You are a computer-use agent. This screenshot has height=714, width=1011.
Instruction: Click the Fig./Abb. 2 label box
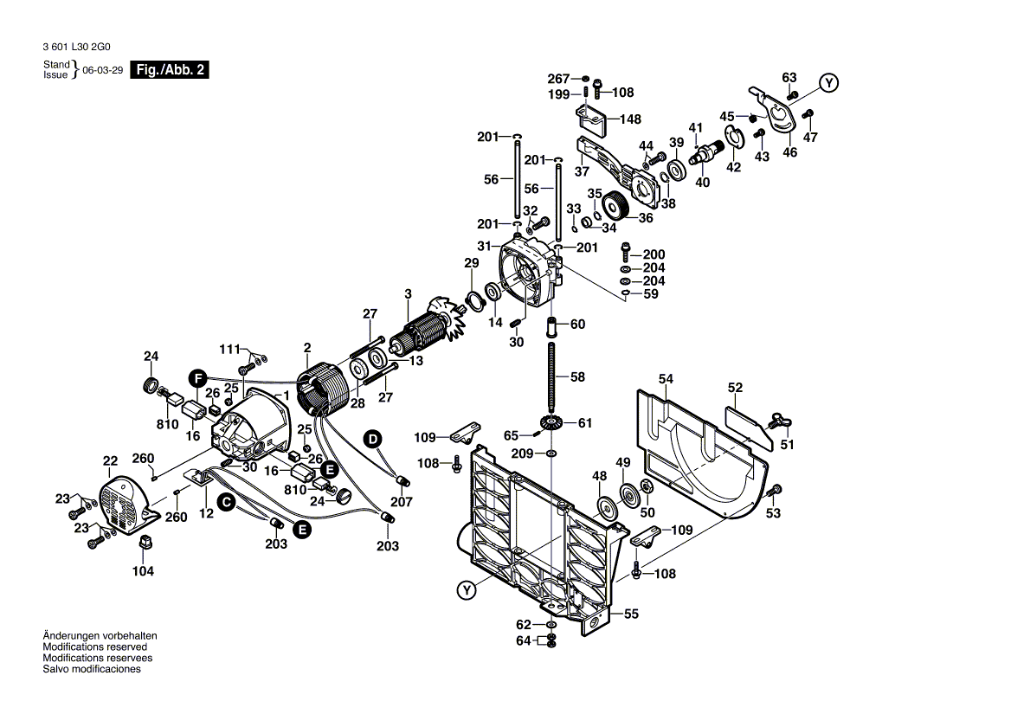click(170, 70)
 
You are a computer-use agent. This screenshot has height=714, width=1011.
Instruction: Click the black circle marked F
click(198, 378)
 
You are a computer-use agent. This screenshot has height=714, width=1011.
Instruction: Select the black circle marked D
click(372, 439)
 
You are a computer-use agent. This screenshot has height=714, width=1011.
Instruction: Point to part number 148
click(628, 119)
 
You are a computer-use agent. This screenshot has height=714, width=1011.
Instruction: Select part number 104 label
click(143, 571)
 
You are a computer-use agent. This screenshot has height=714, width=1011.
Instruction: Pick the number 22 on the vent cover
click(110, 460)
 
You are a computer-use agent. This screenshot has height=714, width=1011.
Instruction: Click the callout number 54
click(665, 379)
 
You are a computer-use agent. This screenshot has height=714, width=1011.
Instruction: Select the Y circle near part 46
click(829, 83)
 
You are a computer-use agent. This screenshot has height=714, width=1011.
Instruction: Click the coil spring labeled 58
click(551, 376)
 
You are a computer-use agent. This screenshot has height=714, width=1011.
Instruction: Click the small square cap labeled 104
click(145, 543)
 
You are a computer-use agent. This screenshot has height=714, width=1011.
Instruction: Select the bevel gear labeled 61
click(551, 423)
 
